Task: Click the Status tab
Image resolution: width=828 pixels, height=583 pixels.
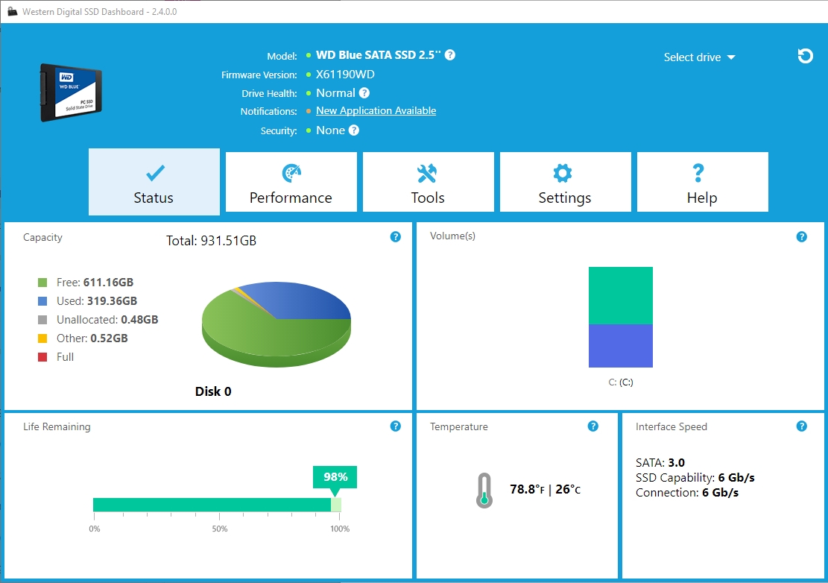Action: [154, 183]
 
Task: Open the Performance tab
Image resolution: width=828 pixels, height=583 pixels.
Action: [291, 183]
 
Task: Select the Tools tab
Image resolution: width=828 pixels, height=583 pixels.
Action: [428, 183]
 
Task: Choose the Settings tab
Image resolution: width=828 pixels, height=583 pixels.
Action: [565, 183]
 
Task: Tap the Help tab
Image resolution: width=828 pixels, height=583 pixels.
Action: [702, 183]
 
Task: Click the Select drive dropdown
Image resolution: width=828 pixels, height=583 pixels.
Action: [699, 57]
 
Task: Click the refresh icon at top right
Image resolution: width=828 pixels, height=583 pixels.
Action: [805, 56]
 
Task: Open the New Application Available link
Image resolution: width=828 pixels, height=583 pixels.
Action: [376, 111]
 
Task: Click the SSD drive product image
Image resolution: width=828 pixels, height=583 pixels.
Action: [71, 92]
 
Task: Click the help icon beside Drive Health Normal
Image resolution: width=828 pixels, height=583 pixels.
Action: [364, 93]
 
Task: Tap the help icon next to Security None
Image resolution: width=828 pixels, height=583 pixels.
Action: [354, 130]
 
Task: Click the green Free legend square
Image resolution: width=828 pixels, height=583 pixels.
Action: [42, 283]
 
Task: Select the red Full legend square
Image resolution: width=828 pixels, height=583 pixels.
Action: [42, 357]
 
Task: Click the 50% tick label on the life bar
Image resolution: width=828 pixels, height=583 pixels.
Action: [219, 529]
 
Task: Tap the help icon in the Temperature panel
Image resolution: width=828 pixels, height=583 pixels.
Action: [592, 426]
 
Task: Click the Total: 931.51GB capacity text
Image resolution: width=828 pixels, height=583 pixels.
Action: [211, 241]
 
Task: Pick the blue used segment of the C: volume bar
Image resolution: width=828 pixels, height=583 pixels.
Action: [620, 346]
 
